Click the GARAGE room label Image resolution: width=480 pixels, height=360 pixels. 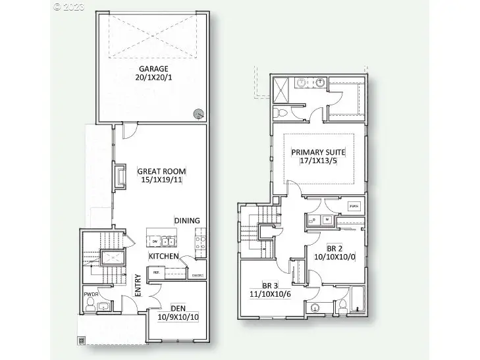tap(152, 68)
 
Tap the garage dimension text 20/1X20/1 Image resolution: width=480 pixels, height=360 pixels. tap(152, 78)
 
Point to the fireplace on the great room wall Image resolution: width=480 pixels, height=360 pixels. tap(119, 176)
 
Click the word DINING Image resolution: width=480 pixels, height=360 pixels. tap(187, 220)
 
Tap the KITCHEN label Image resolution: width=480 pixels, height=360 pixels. tap(164, 255)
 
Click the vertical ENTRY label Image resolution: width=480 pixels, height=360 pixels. tap(138, 285)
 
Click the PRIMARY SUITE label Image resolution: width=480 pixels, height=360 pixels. tap(319, 153)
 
